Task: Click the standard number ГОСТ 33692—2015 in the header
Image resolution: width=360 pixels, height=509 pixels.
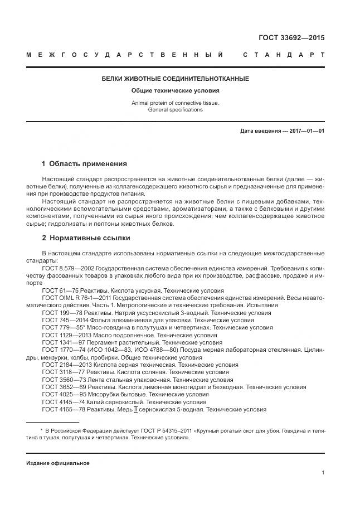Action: (x=291, y=38)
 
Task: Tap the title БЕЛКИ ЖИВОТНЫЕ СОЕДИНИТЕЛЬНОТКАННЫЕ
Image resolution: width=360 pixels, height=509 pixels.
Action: (x=176, y=79)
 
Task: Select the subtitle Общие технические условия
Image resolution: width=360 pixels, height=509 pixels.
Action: (x=176, y=90)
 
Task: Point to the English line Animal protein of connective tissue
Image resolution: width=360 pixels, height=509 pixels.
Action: (x=176, y=103)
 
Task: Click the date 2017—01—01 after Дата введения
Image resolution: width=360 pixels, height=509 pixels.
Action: (x=307, y=131)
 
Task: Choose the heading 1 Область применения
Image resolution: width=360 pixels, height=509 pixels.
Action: (x=84, y=164)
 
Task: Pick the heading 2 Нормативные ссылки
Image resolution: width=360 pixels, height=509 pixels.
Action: (x=86, y=238)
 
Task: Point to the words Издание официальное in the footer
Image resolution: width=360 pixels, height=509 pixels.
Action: (x=57, y=463)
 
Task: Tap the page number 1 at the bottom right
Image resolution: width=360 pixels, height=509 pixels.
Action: (x=323, y=473)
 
